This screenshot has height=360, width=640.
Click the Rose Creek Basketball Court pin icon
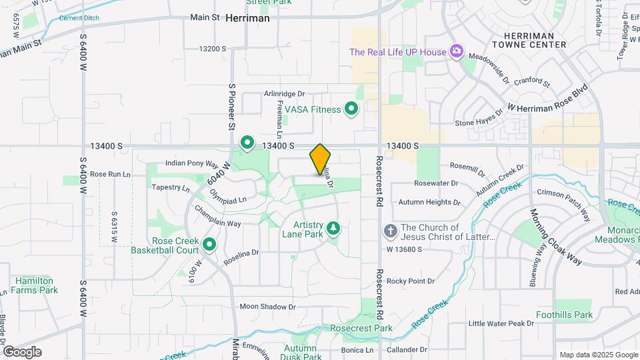click(210, 245)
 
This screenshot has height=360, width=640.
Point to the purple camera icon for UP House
click(457, 51)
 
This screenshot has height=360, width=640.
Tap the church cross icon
click(390, 231)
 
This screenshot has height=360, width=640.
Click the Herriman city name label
click(247, 19)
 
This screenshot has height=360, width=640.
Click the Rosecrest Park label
click(365, 328)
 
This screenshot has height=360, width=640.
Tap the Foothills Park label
click(564, 315)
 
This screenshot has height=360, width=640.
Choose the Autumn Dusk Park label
click(299, 353)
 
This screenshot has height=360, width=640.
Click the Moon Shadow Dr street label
click(267, 307)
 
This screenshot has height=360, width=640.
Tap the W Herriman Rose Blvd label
click(548, 97)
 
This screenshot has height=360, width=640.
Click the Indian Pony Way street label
click(192, 163)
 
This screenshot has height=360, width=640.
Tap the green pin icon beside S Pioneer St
click(247, 142)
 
